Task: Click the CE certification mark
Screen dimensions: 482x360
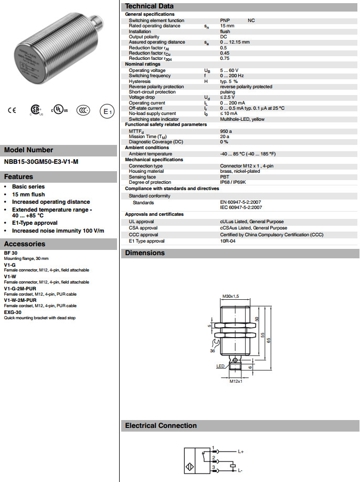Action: click(x=12, y=110)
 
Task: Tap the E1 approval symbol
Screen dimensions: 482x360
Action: click(x=107, y=111)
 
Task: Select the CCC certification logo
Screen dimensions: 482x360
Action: click(x=82, y=110)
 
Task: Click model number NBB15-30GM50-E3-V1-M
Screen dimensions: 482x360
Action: click(x=41, y=162)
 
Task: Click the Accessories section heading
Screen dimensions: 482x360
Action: click(x=25, y=244)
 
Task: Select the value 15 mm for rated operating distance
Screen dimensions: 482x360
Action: click(x=227, y=26)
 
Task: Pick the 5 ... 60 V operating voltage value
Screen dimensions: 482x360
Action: click(x=229, y=70)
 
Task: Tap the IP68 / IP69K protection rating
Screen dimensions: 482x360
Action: click(x=232, y=182)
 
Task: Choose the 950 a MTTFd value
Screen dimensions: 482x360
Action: click(x=226, y=131)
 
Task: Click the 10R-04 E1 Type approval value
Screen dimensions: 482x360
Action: click(x=229, y=241)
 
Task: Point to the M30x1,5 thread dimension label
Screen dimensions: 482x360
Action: click(x=231, y=297)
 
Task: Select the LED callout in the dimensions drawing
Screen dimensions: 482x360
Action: click(x=220, y=366)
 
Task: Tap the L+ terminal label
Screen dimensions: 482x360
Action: click(x=241, y=451)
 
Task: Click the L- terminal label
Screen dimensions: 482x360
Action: click(x=241, y=470)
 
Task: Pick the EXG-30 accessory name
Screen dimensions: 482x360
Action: click(x=13, y=312)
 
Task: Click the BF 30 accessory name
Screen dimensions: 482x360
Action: click(x=11, y=253)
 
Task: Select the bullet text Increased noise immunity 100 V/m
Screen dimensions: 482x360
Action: click(x=58, y=230)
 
